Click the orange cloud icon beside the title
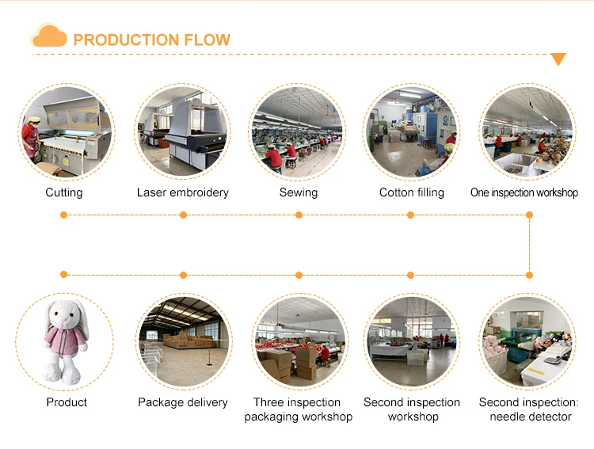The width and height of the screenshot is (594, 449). (x=49, y=35)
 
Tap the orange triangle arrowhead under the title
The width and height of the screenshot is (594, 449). (x=558, y=59)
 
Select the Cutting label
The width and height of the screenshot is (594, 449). (x=64, y=192)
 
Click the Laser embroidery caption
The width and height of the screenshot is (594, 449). (x=183, y=192)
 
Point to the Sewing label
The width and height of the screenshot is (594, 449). (x=299, y=192)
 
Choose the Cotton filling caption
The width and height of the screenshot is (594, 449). (x=412, y=192)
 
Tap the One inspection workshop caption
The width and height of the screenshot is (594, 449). (x=524, y=192)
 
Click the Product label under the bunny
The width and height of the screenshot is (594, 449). (x=67, y=402)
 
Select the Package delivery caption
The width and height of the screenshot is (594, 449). (x=183, y=402)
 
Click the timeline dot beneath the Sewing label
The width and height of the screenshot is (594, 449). (x=299, y=215)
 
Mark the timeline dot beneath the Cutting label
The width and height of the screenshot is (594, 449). (x=63, y=215)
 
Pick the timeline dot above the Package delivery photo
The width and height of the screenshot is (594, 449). (x=184, y=275)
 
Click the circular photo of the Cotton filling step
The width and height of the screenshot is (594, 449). (x=412, y=131)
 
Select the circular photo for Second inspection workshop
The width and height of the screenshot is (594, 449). (x=412, y=341)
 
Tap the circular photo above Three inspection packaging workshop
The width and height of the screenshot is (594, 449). (x=299, y=341)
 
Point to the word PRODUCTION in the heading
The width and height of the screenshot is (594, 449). (x=126, y=40)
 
